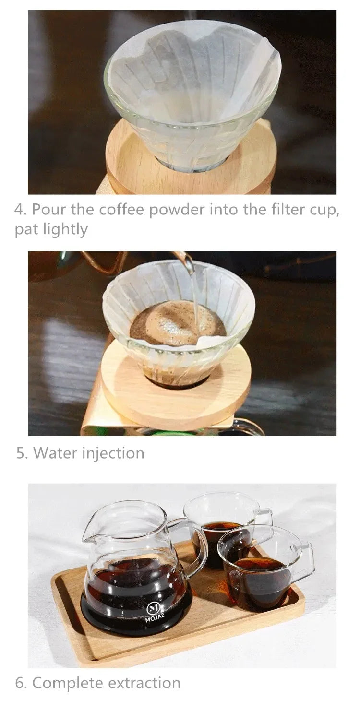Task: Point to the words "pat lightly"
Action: (x=51, y=229)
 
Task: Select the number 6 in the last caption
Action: (x=20, y=683)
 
